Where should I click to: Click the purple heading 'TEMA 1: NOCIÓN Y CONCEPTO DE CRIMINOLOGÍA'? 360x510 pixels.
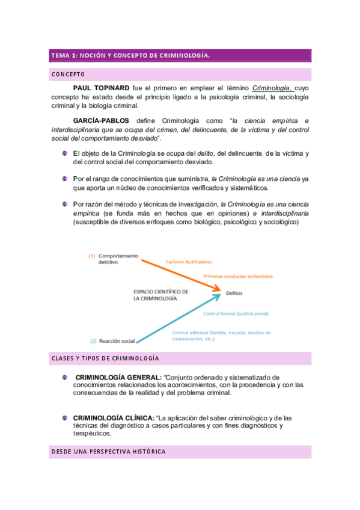pos(130,56)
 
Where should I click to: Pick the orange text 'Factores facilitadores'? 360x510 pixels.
pos(189,262)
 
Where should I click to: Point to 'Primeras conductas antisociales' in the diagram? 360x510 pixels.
pos(238,276)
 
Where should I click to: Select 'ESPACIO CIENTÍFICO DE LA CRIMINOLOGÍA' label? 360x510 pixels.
pos(161,295)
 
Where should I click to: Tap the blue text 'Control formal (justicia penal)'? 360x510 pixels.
pos(236,313)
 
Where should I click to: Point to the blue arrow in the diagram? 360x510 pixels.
pos(174,319)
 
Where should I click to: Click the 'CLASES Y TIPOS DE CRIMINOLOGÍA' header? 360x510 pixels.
pos(105,358)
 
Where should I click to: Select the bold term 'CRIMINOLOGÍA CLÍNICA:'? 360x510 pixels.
pos(113,417)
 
